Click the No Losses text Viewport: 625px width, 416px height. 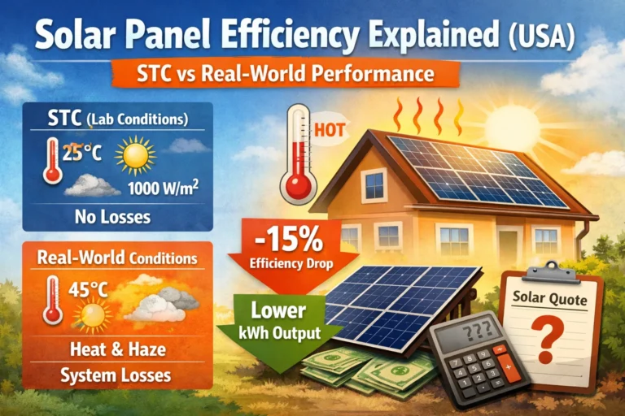tap(118, 218)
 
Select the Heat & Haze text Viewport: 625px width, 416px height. tap(118, 351)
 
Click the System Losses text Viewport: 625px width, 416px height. tap(118, 375)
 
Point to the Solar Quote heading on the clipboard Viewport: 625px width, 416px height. tap(553, 297)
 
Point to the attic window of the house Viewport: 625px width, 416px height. tap(375, 184)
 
